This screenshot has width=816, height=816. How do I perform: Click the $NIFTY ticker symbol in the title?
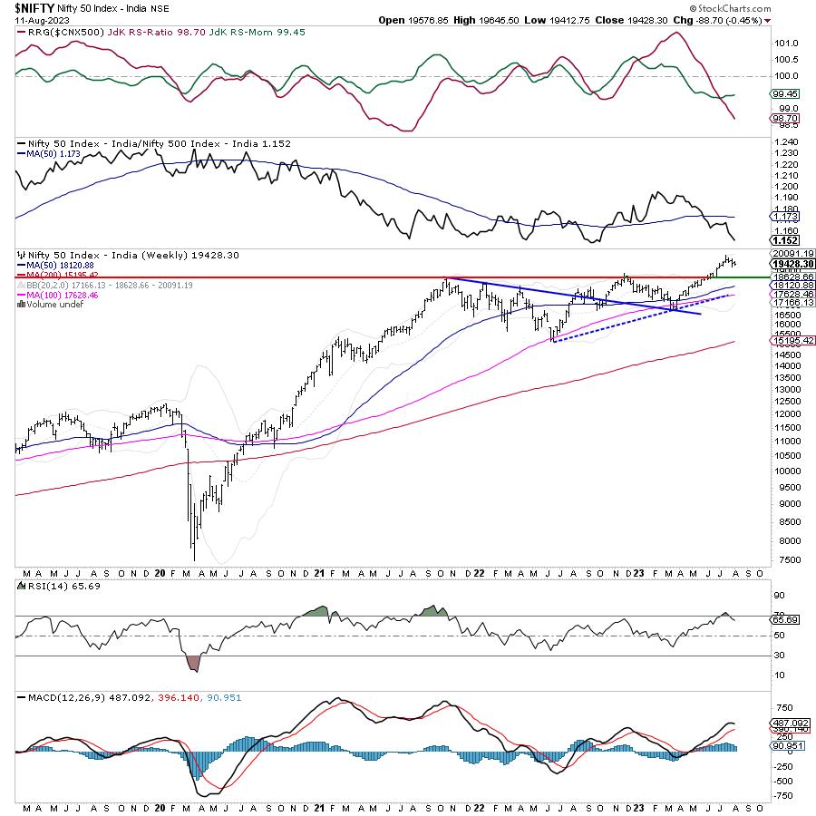[33, 6]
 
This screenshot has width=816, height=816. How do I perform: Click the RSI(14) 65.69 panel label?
[54, 588]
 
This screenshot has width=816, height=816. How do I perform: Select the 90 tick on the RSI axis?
[778, 595]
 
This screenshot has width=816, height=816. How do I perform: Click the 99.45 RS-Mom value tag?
[785, 93]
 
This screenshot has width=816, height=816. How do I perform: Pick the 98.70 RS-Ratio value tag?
[785, 118]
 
